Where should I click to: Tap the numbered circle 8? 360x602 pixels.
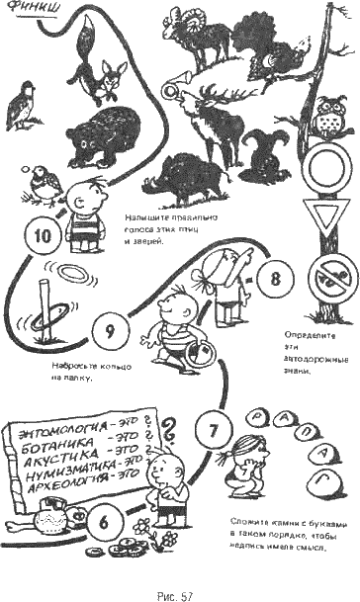click(275, 278)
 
